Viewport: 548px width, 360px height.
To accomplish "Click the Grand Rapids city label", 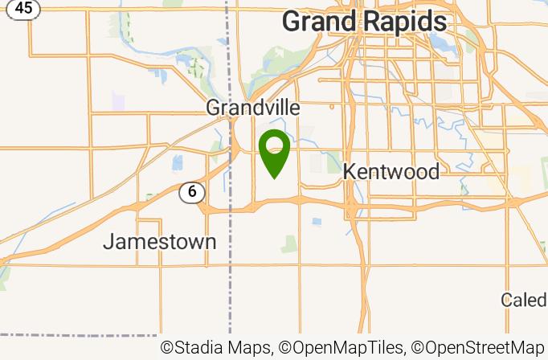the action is pos(364,22).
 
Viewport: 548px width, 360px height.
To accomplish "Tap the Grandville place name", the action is pos(253,108).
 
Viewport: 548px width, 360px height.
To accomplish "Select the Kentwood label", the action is pos(391,171).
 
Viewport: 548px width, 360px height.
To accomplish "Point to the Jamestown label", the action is pos(160,241).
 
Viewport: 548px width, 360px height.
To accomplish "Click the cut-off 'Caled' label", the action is pos(524,300).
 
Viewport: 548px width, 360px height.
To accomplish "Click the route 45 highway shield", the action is pos(25,8).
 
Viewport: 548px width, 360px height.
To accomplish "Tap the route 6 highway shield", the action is pos(192,192).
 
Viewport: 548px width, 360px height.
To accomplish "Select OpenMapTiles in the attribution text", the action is pos(347,348).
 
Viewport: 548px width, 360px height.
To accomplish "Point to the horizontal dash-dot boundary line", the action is pos(80,335).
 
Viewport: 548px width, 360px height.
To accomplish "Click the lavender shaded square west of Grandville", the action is pos(119,102).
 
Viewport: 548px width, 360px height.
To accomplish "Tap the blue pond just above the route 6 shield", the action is pos(177,164).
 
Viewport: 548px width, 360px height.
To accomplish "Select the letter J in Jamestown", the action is pos(108,241).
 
